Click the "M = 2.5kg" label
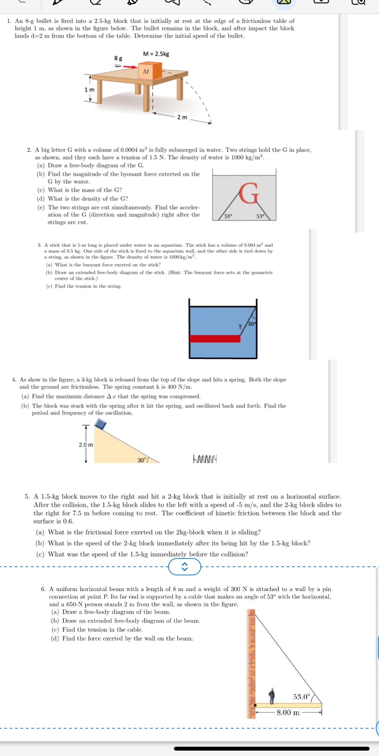[x=156, y=54]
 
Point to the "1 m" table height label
[x=90, y=89]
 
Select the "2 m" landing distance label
[x=182, y=117]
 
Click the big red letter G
[x=249, y=193]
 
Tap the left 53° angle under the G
[x=228, y=216]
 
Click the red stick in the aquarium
[x=214, y=339]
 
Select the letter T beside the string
[x=240, y=327]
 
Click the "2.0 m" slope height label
[x=86, y=445]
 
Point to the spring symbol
[x=205, y=459]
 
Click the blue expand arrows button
[x=185, y=567]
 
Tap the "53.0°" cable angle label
[x=301, y=697]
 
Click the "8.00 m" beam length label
[x=288, y=712]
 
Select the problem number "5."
[x=27, y=497]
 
